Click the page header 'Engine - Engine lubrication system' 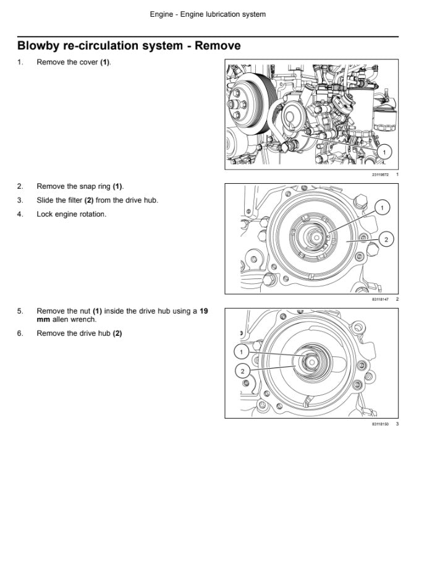click(x=208, y=14)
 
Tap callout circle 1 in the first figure click(x=384, y=152)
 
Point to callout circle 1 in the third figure click(x=242, y=351)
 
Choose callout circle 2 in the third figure click(x=242, y=371)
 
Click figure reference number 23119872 click(x=380, y=175)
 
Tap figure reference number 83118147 click(x=380, y=299)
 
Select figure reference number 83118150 click(x=380, y=424)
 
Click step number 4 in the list click(x=20, y=214)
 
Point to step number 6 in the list click(x=20, y=333)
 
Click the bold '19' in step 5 click(x=203, y=311)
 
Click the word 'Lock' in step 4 click(x=44, y=214)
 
